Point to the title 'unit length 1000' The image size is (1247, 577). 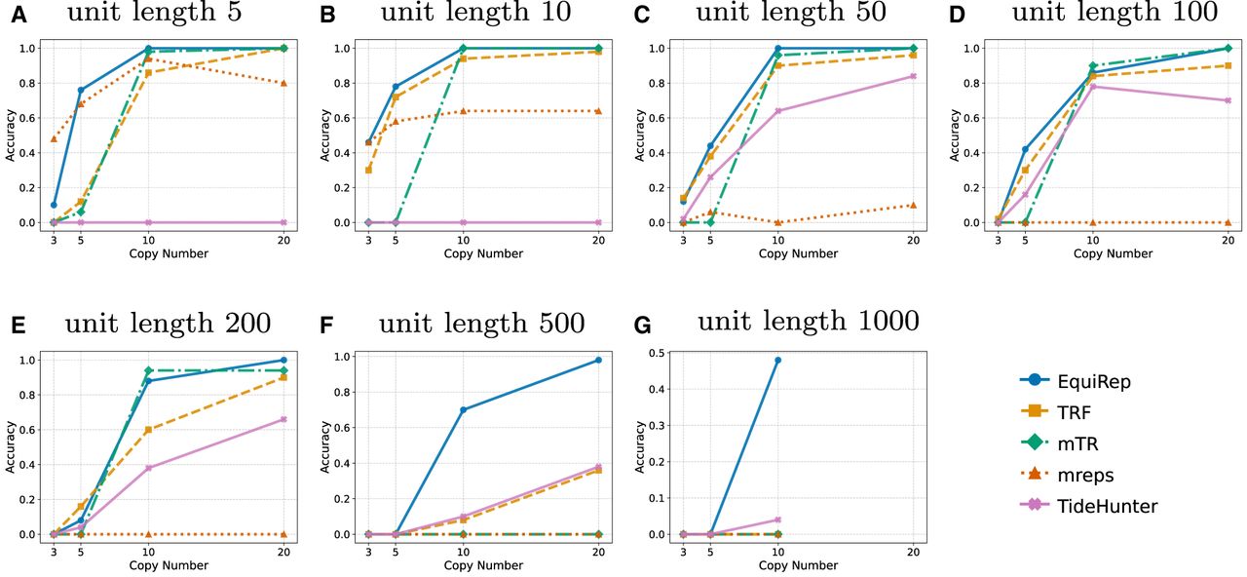(x=808, y=322)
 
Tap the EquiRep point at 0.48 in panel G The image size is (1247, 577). (x=777, y=361)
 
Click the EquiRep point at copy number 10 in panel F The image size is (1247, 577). (x=463, y=409)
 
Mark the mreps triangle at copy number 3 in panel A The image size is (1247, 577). (x=54, y=138)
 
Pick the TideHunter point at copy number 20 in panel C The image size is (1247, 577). (x=913, y=76)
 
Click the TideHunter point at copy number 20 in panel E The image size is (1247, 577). (x=283, y=419)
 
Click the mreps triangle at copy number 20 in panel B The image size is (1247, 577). (x=598, y=111)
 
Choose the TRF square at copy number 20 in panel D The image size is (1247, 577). (x=1228, y=65)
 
